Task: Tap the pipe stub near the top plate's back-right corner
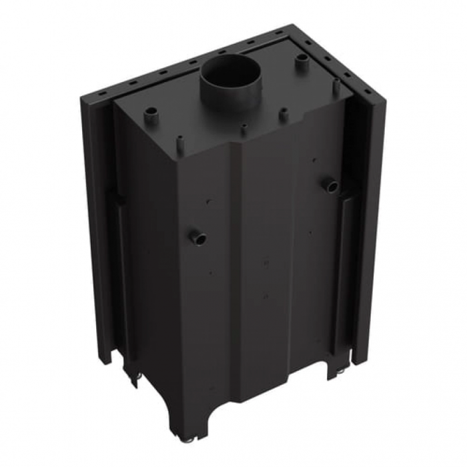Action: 302,62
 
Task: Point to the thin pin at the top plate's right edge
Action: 336,85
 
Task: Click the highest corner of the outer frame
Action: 294,27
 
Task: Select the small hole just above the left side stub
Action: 207,201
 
